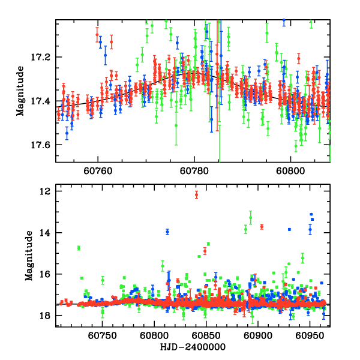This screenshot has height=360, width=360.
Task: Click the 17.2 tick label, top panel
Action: click(x=44, y=57)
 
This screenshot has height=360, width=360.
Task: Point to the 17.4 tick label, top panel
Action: click(x=44, y=101)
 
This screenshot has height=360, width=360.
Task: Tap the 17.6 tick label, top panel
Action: click(x=44, y=145)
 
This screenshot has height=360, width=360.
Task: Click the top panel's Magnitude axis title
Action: click(x=20, y=91)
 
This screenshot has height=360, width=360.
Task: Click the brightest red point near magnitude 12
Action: click(x=196, y=194)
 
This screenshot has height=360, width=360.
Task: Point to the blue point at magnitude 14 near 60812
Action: click(x=167, y=232)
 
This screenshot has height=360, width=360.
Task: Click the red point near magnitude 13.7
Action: click(x=262, y=226)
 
